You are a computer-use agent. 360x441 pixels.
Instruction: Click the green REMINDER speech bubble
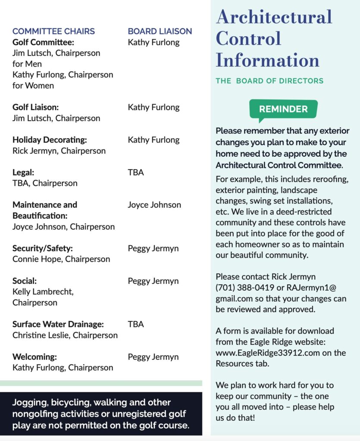point(283,109)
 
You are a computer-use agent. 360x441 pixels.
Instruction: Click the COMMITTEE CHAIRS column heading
point(53,31)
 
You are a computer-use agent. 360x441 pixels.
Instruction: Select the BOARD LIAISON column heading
point(160,31)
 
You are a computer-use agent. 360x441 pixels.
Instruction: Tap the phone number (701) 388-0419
point(243,287)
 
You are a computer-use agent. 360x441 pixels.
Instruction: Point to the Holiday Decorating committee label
point(50,140)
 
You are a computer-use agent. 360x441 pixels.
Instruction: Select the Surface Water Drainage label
point(58,324)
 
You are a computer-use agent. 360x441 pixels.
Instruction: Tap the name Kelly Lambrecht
point(43,292)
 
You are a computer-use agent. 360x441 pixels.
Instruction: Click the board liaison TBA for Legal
point(136,172)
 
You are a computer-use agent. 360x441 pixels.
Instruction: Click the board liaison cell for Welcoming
point(153,357)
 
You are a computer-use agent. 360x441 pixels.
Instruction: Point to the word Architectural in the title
point(274,17)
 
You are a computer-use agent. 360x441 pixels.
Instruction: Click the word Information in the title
point(267,59)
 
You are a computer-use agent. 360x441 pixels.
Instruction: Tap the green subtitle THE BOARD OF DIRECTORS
point(269,81)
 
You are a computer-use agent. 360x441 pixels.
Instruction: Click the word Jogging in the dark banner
point(30,403)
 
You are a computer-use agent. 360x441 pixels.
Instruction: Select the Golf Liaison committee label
point(35,107)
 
